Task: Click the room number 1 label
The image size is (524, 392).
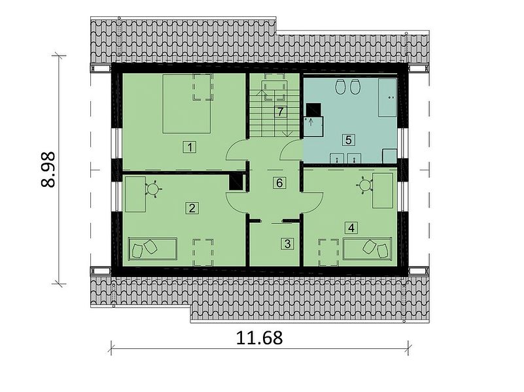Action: tap(190, 147)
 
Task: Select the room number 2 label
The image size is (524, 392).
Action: tap(192, 208)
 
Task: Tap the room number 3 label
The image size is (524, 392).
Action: tap(288, 244)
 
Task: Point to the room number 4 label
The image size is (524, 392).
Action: tap(351, 228)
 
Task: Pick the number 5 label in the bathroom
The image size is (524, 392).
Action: tap(348, 139)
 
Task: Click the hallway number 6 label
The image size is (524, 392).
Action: tap(279, 182)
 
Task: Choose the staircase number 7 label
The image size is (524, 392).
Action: tap(280, 112)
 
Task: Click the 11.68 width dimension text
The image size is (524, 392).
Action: tap(259, 338)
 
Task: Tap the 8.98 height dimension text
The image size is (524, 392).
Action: tap(48, 169)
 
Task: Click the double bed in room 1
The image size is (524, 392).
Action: tap(187, 104)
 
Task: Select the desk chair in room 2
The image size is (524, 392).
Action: tap(153, 189)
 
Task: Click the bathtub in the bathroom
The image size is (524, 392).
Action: tap(387, 97)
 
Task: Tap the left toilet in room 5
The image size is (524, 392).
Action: tap(341, 87)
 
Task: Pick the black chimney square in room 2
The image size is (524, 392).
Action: tap(236, 182)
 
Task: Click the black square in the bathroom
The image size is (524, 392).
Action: tap(313, 110)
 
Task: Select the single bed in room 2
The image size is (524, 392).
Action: tap(152, 248)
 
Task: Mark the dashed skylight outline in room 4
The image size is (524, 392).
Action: tap(328, 252)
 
